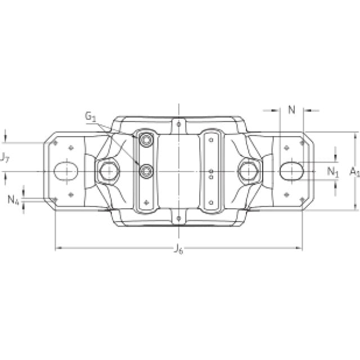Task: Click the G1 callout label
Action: pyautogui.click(x=90, y=116)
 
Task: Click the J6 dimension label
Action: pyautogui.click(x=178, y=249)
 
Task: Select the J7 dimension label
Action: pyautogui.click(x=4, y=157)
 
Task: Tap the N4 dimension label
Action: pyautogui.click(x=13, y=200)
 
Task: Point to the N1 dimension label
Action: pyautogui.click(x=332, y=172)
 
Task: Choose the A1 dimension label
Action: pyautogui.click(x=354, y=172)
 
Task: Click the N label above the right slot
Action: pyautogui.click(x=291, y=110)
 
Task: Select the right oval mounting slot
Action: pyautogui.click(x=291, y=171)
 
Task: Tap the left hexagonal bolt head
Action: pyautogui.click(x=108, y=171)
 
